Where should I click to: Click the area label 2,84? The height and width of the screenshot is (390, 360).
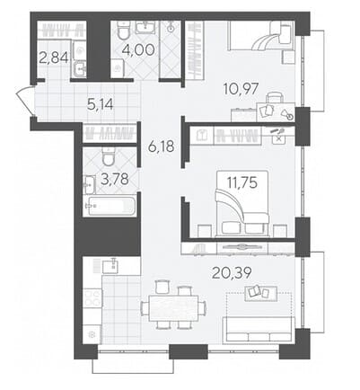point(54,57)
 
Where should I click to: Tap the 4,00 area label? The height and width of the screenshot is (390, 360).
point(138,49)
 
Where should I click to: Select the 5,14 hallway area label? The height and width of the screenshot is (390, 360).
point(101,104)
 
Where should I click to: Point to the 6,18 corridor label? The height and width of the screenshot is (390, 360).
point(162,146)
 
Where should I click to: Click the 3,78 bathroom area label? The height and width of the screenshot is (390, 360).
point(115,180)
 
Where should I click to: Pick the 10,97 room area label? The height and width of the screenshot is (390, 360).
point(241,89)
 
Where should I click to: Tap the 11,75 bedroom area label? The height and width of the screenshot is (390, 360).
point(242,182)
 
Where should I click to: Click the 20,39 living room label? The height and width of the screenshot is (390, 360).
point(232,272)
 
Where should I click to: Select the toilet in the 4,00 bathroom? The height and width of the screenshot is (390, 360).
point(122,31)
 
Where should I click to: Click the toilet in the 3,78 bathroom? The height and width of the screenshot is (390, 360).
point(109,156)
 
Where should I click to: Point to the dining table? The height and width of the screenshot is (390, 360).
point(174,307)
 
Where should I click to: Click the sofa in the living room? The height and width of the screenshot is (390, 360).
point(259,329)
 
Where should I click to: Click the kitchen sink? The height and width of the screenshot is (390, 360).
point(110,266)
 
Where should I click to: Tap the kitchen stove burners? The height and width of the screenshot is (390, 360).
point(92,297)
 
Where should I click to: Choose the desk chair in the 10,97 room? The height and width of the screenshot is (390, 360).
point(275,98)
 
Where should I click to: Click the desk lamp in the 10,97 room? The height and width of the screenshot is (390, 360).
point(287,114)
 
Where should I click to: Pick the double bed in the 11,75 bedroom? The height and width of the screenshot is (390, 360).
point(242,203)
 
